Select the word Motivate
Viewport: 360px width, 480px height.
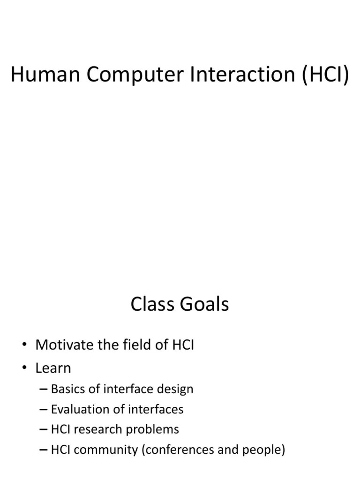[64, 345]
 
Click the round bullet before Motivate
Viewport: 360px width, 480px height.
[24, 346]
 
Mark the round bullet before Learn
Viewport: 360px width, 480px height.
[24, 368]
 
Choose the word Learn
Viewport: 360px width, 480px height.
[53, 368]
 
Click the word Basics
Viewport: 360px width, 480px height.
[67, 389]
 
